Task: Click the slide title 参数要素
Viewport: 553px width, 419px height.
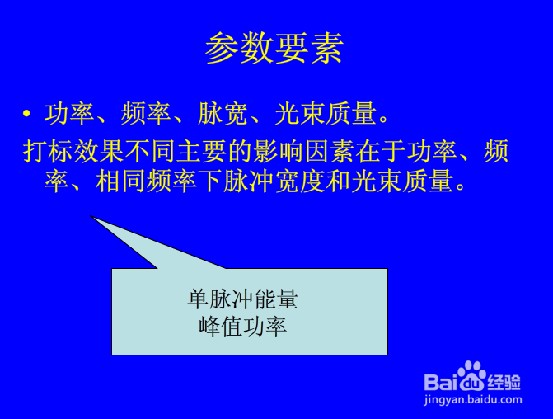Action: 274,48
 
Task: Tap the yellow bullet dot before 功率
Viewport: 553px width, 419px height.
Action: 26,113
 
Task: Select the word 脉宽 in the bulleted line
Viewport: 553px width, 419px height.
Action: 223,114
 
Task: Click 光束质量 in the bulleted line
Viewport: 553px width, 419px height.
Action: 326,114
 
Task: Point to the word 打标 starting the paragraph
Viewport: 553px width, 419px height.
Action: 49,151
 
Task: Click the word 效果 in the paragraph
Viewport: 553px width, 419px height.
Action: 99,151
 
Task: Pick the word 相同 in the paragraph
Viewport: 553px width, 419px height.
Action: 120,181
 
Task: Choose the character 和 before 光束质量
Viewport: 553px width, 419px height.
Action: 338,181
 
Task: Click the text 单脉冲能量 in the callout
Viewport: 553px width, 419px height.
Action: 242,299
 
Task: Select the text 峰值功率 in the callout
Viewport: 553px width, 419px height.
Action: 242,326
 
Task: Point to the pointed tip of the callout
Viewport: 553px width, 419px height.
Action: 91,215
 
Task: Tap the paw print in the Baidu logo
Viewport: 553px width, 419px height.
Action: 471,375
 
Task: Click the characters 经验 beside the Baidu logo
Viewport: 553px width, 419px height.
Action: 504,382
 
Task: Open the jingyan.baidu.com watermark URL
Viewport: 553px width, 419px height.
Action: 473,400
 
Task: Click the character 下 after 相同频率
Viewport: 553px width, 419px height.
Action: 210,181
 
